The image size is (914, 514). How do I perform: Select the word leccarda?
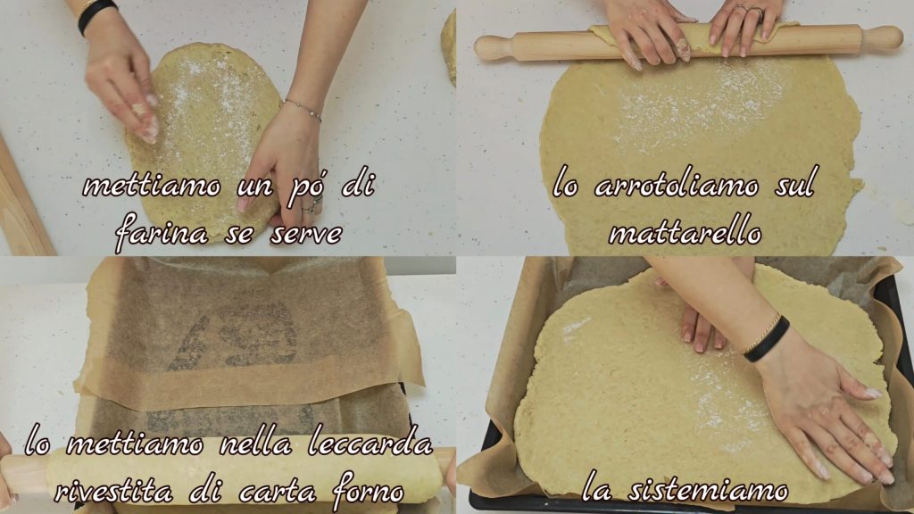[x=370, y=444]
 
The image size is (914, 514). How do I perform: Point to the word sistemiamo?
[x=708, y=490]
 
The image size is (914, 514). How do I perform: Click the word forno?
[x=368, y=491]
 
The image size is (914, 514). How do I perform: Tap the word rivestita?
[x=113, y=492]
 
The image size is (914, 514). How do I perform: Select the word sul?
[x=794, y=185]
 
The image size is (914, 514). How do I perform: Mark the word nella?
[x=254, y=444]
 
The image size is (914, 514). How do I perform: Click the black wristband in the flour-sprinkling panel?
[x=96, y=14]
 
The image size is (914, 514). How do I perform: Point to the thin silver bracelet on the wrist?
[x=302, y=109]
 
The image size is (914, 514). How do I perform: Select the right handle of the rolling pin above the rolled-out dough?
[x=881, y=37]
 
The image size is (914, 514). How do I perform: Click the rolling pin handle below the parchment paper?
[x=23, y=474]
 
